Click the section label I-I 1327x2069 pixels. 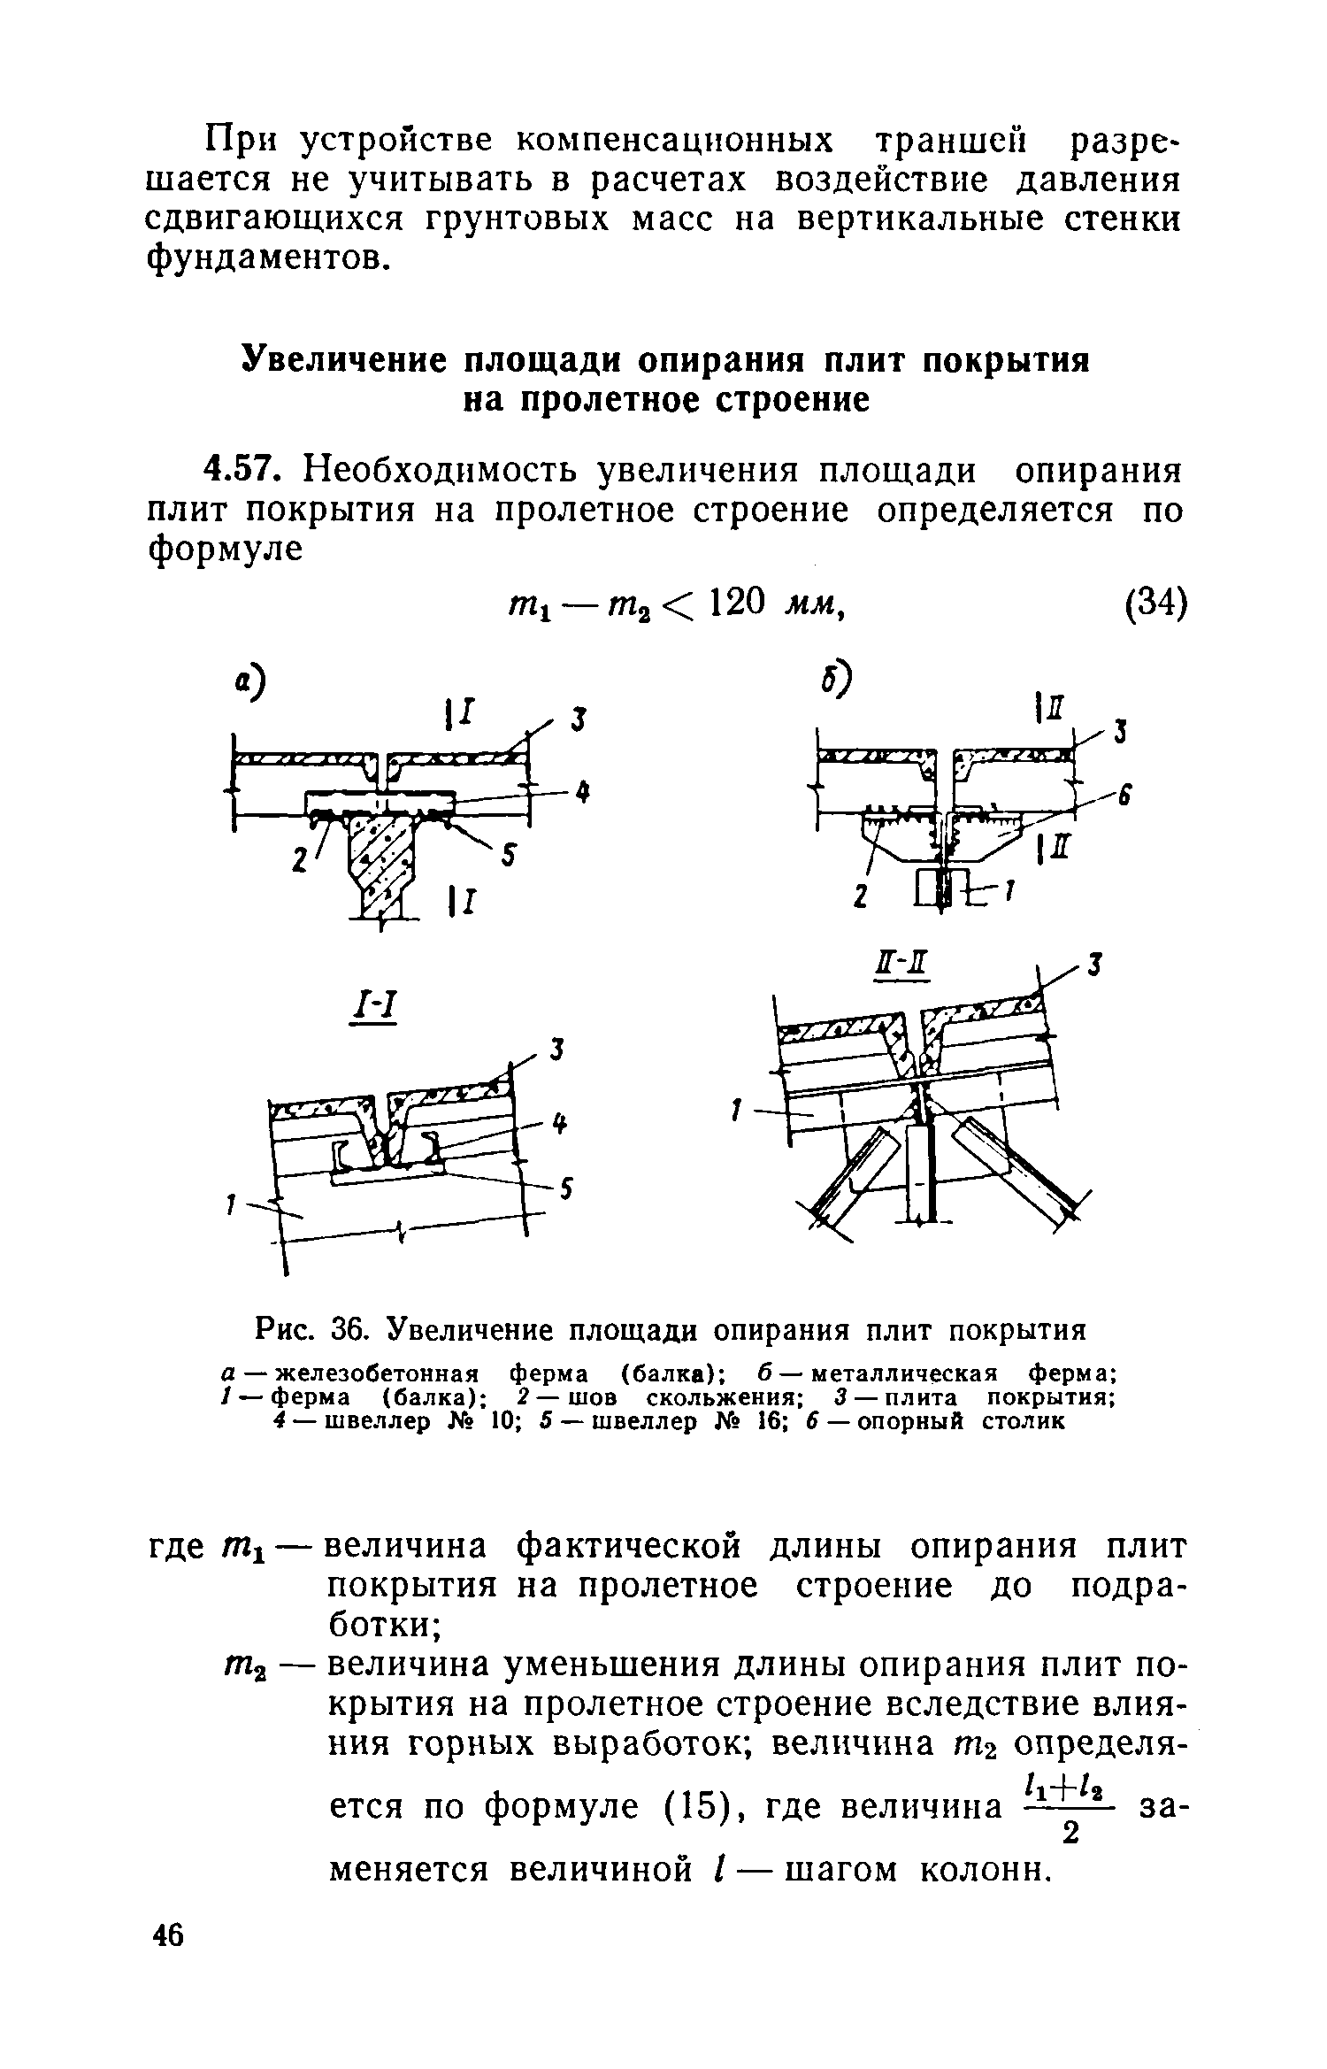tap(372, 1006)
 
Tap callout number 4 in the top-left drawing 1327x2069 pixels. tap(581, 794)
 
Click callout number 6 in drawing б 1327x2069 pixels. tap(1125, 796)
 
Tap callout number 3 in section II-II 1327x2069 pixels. tap(1095, 967)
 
